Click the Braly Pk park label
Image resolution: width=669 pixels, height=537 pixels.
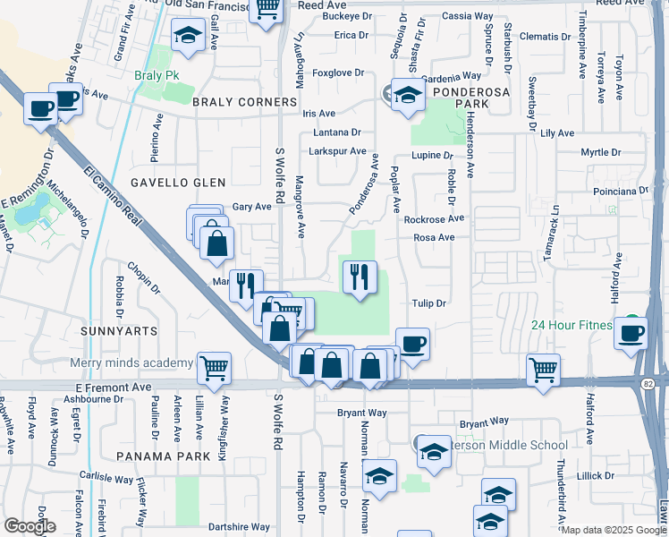click(x=151, y=76)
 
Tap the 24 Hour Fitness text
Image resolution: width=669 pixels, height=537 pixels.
click(x=574, y=325)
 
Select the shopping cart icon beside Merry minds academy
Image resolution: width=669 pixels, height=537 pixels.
click(x=214, y=367)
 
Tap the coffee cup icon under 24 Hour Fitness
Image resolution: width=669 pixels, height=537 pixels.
click(x=631, y=333)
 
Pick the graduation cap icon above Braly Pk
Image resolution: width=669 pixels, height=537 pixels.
click(x=188, y=36)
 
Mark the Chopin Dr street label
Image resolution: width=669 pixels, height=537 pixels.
click(x=143, y=277)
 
